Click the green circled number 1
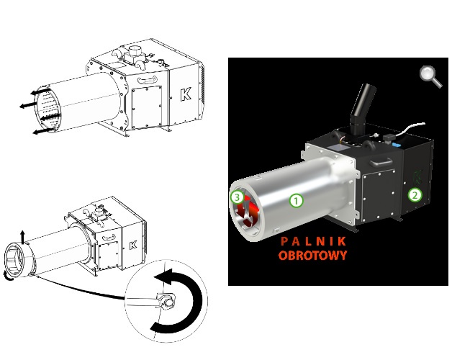click(297, 200)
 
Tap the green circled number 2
click(415, 195)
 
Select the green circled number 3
click(237, 197)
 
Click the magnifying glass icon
click(430, 76)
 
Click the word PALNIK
click(313, 241)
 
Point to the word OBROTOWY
click(313, 256)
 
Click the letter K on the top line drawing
click(186, 94)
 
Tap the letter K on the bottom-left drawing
click(133, 245)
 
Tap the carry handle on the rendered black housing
click(381, 163)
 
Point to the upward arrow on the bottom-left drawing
click(23, 237)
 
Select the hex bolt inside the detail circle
click(167, 302)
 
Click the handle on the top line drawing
click(148, 80)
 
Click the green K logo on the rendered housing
click(417, 177)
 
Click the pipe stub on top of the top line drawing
click(134, 51)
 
